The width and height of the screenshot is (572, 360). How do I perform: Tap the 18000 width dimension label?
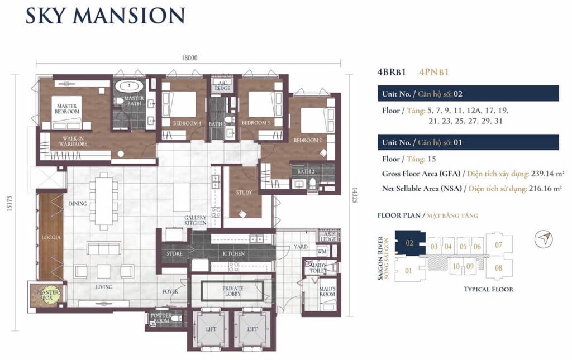(x=189, y=57)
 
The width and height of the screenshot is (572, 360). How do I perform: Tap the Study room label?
(x=244, y=193)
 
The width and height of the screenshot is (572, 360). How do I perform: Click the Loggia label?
(x=50, y=237)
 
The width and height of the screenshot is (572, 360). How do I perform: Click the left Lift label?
(x=211, y=329)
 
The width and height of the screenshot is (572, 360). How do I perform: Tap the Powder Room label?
(x=160, y=318)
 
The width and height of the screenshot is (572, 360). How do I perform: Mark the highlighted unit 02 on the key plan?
(x=409, y=244)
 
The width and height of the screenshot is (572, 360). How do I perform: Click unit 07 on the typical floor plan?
(x=498, y=244)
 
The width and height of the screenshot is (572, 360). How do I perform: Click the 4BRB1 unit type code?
(x=393, y=71)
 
